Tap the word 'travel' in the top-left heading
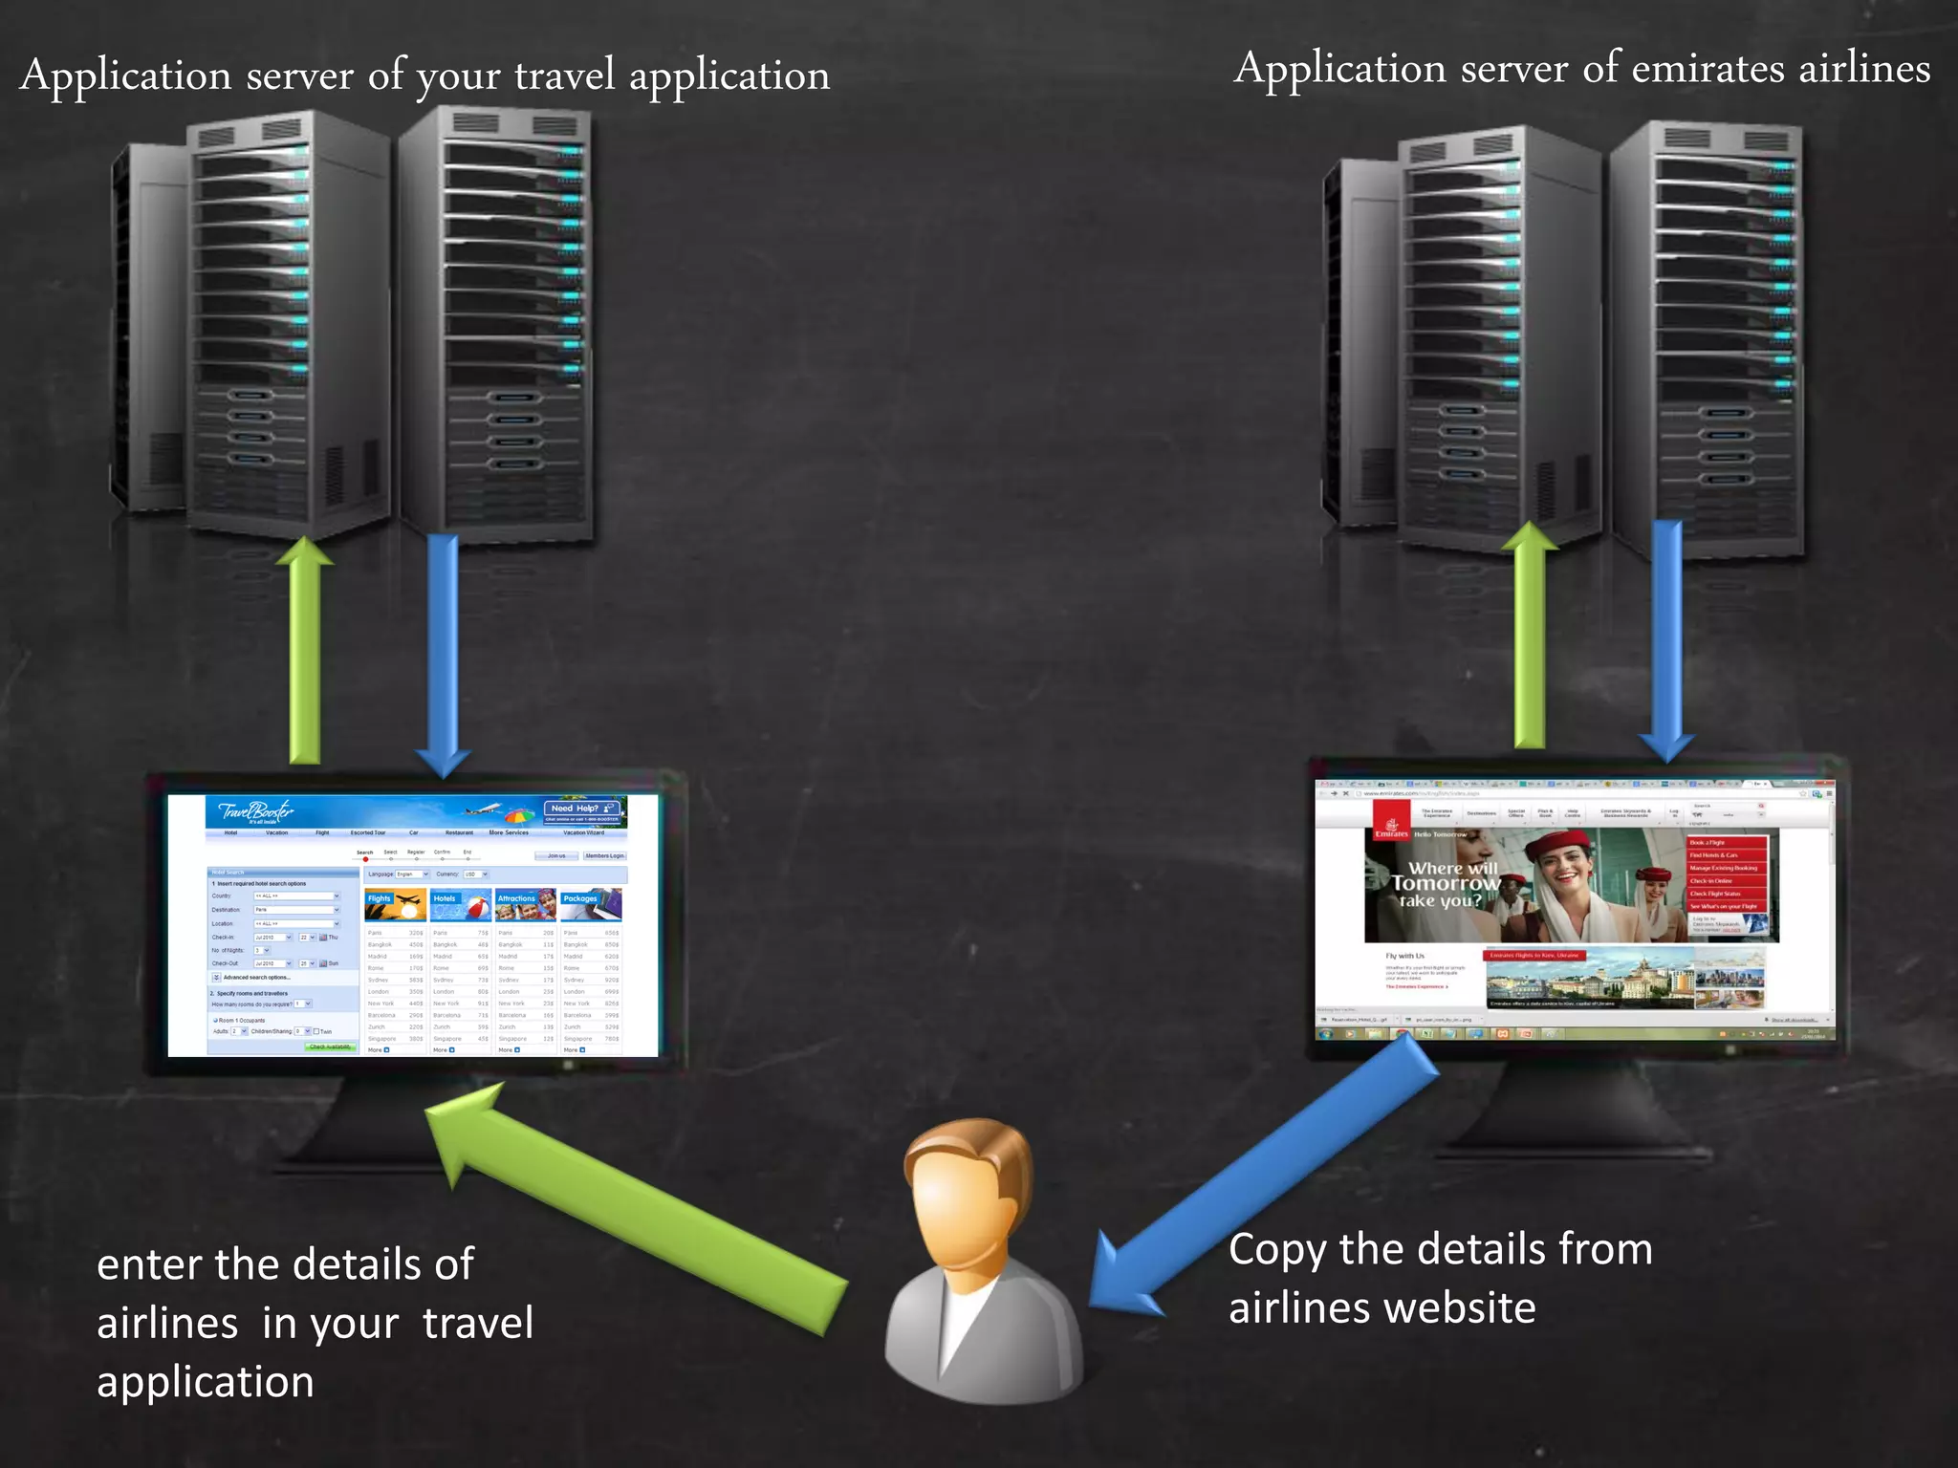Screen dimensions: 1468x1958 (x=565, y=76)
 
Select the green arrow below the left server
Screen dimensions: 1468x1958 (x=305, y=650)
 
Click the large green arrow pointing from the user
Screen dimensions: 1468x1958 (x=631, y=1214)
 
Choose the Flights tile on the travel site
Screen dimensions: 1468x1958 (x=395, y=903)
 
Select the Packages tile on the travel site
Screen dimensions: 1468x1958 (x=592, y=903)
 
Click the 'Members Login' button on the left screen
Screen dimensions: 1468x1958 (x=604, y=855)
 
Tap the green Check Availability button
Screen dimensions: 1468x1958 (x=331, y=1047)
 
